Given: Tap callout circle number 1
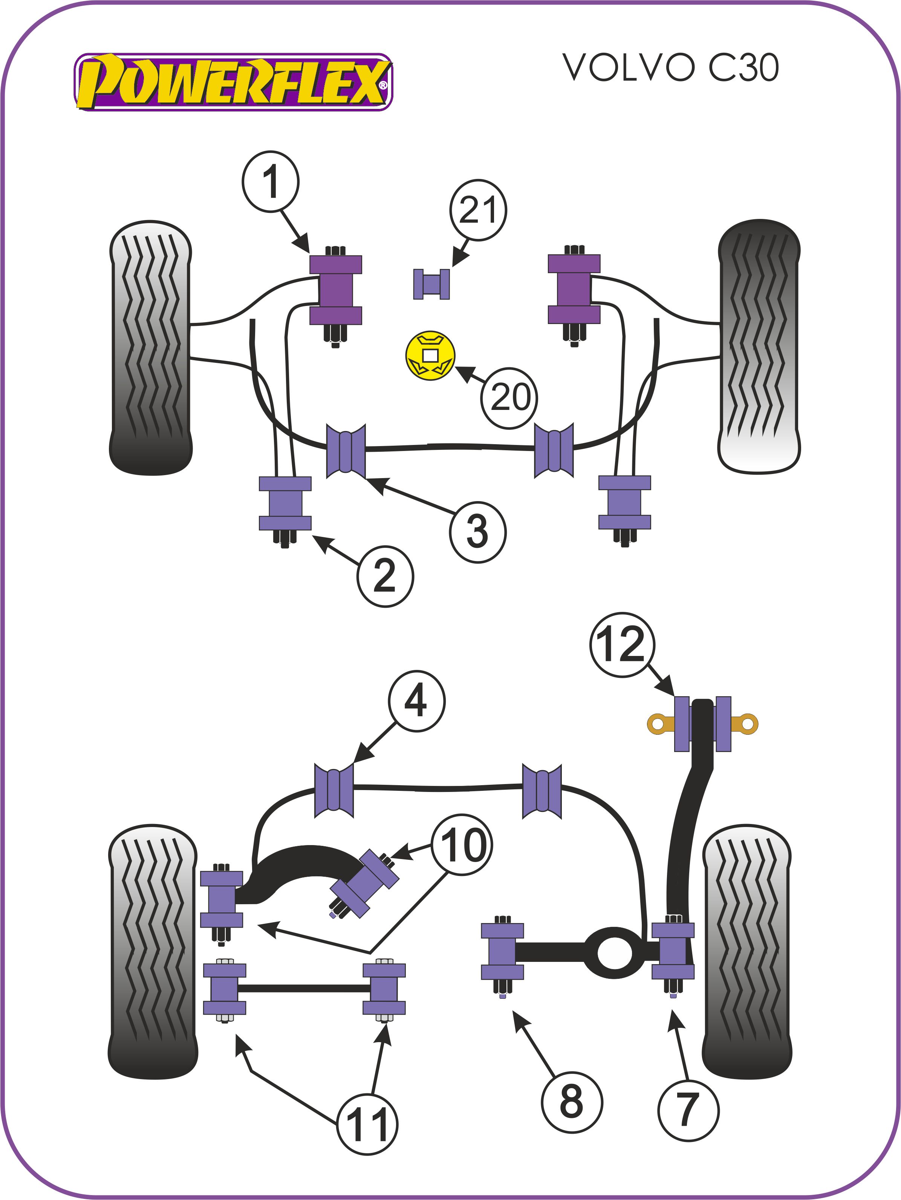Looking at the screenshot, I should (x=270, y=182).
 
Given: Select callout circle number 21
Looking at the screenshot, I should (x=478, y=210).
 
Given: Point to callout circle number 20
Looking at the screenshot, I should (x=509, y=397).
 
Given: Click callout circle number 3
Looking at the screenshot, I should (x=477, y=532).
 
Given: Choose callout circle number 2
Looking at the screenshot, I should (x=385, y=576).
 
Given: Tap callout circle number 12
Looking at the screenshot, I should (x=622, y=645).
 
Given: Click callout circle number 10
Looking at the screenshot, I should (x=462, y=845).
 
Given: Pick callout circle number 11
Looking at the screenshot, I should (x=367, y=1124).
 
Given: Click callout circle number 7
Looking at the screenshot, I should (x=687, y=1110).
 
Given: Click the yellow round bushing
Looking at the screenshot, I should (x=430, y=355).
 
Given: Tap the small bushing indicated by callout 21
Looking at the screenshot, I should (x=431, y=284).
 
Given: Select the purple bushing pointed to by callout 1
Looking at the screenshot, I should (x=335, y=290).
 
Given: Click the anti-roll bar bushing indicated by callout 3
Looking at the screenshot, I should (x=346, y=451).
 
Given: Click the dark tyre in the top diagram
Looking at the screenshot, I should (x=759, y=347).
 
